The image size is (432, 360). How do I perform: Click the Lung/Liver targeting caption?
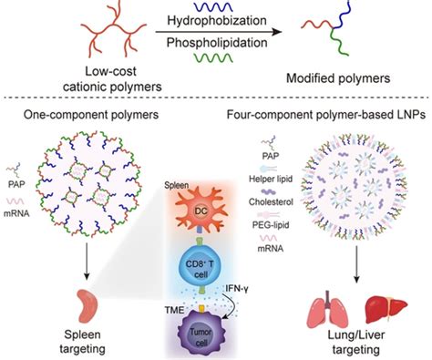(354, 343)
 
